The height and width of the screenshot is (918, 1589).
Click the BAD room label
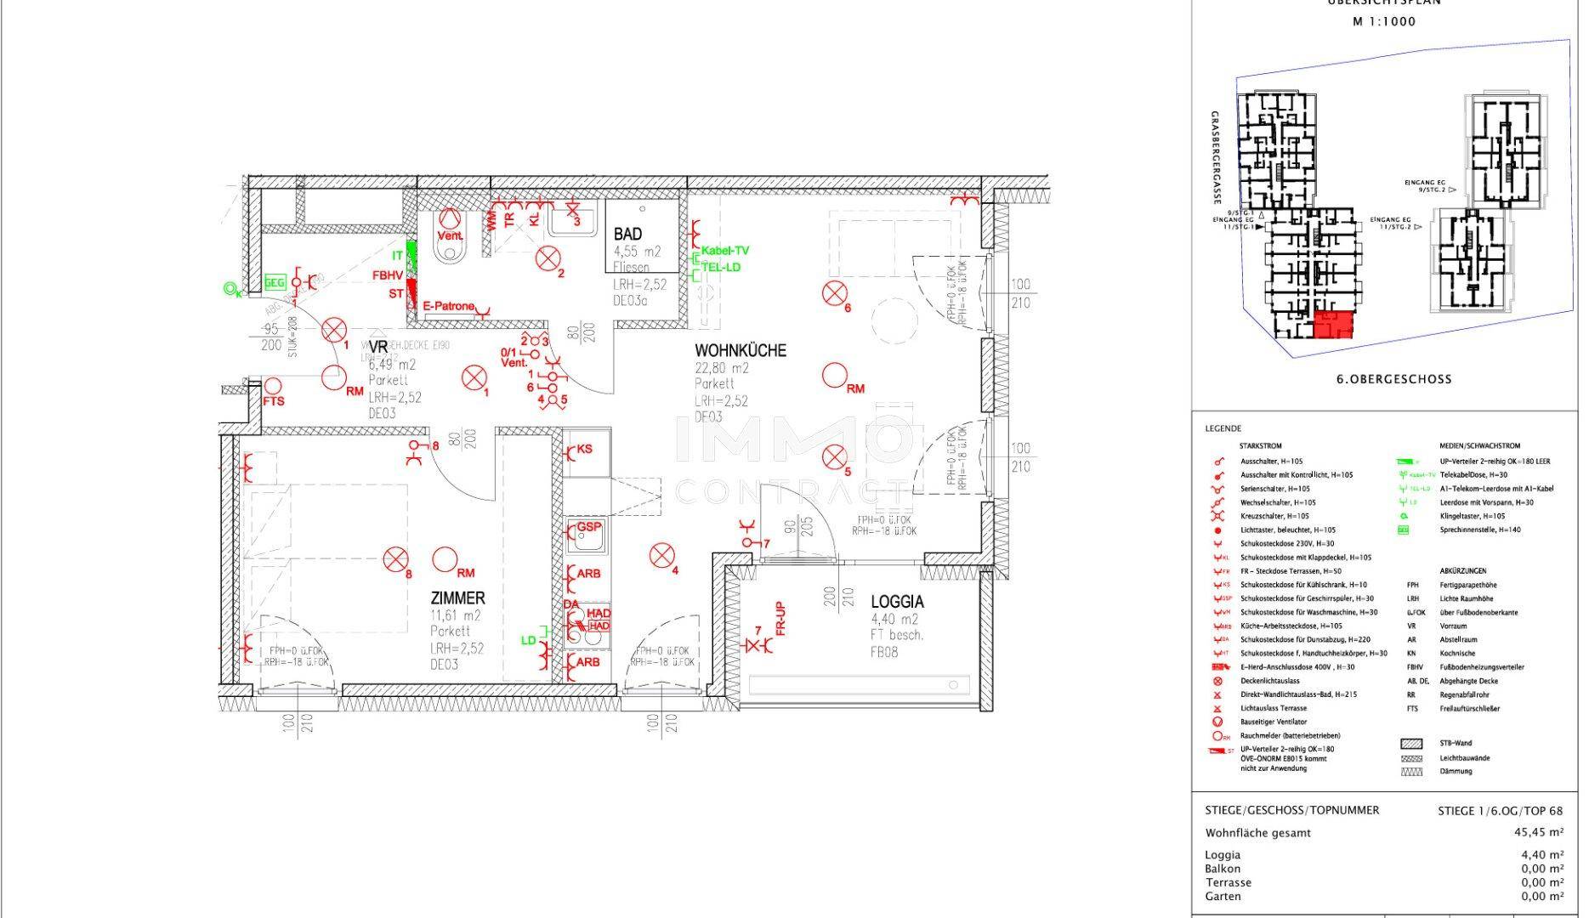(x=627, y=234)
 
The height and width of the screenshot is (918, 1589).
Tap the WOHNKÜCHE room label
(x=740, y=350)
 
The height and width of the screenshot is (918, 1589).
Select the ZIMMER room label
(x=457, y=598)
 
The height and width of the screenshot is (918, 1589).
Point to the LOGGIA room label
(x=897, y=602)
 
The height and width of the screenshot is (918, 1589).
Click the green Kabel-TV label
(x=724, y=251)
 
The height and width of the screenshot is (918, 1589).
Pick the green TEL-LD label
(x=720, y=267)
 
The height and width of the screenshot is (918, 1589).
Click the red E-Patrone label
(x=448, y=307)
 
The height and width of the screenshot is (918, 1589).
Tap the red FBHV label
(x=387, y=275)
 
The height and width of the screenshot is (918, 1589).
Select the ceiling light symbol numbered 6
(x=834, y=294)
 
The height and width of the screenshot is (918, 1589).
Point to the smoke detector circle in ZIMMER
(x=444, y=559)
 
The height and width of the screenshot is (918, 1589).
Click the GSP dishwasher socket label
(x=589, y=528)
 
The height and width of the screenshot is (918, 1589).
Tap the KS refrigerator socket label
(x=585, y=449)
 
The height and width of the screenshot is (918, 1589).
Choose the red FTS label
(x=274, y=401)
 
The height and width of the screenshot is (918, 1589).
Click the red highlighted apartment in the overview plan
(x=1332, y=325)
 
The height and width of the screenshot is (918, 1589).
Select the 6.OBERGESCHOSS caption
(x=1393, y=379)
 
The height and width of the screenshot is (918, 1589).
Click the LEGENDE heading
(x=1223, y=429)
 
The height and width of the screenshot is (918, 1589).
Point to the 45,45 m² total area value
(x=1540, y=833)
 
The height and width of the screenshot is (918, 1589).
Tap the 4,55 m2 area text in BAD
(x=637, y=252)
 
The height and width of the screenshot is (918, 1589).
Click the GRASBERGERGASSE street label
(x=1217, y=157)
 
